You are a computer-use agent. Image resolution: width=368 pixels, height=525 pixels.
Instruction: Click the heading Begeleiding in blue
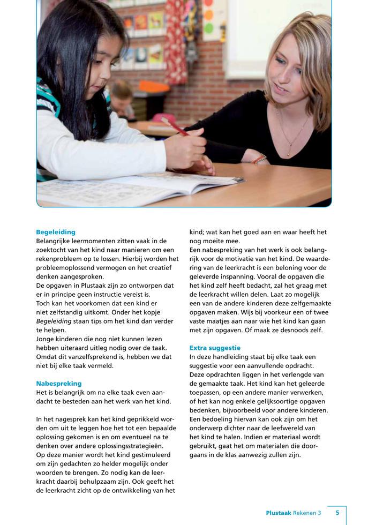pos(56,232)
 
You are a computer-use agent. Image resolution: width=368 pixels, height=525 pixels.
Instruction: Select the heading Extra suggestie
pos(215,348)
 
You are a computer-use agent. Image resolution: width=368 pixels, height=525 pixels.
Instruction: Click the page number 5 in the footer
pos(337,513)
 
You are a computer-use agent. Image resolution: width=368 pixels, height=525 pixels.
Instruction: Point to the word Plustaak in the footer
pos(279,513)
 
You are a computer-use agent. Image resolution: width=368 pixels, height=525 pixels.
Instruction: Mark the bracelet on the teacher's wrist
pos(259,159)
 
